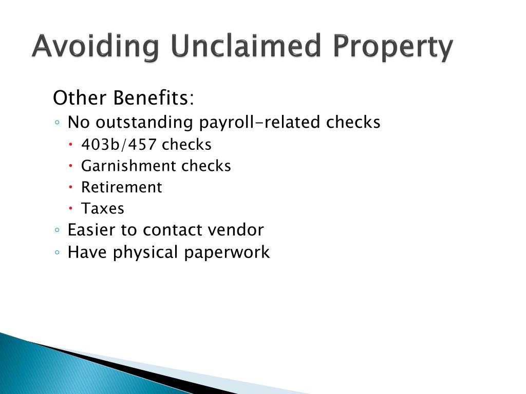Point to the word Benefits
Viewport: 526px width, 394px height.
point(154,97)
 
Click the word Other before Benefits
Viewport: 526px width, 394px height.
point(81,97)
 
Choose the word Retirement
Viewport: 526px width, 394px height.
point(122,187)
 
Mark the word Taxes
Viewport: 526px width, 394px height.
point(103,209)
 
